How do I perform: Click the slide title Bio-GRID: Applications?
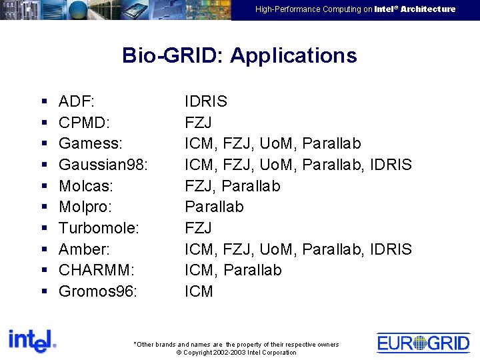tap(239, 55)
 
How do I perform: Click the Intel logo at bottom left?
tap(32, 341)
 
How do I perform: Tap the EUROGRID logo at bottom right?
tap(423, 343)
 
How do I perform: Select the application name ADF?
tap(77, 101)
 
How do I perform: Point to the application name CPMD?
tap(84, 123)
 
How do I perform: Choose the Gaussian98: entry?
tap(103, 165)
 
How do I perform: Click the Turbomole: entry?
tap(99, 228)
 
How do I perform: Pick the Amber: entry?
tap(85, 249)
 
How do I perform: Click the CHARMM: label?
tap(96, 270)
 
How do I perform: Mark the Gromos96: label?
tap(98, 291)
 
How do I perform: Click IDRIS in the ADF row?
tap(206, 101)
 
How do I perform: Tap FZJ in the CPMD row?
tap(198, 123)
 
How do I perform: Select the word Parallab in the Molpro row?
tap(214, 207)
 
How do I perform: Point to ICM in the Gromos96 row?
tap(199, 291)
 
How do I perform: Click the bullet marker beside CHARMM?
tap(43, 271)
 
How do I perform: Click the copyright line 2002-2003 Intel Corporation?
tap(236, 352)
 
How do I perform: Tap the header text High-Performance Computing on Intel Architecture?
tap(355, 9)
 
